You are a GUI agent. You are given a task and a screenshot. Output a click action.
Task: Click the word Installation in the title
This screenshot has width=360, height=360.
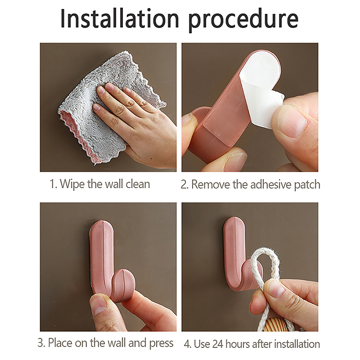click(120, 19)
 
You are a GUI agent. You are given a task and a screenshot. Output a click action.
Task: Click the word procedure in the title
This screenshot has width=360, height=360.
click(243, 21)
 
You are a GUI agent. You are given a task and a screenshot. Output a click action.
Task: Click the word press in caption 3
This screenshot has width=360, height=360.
click(161, 344)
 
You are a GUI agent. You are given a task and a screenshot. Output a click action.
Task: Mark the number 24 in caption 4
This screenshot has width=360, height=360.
click(218, 344)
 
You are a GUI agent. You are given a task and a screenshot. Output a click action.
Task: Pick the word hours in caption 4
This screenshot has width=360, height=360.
click(238, 344)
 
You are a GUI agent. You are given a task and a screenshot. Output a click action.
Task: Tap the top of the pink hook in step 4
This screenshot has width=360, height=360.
click(234, 220)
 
